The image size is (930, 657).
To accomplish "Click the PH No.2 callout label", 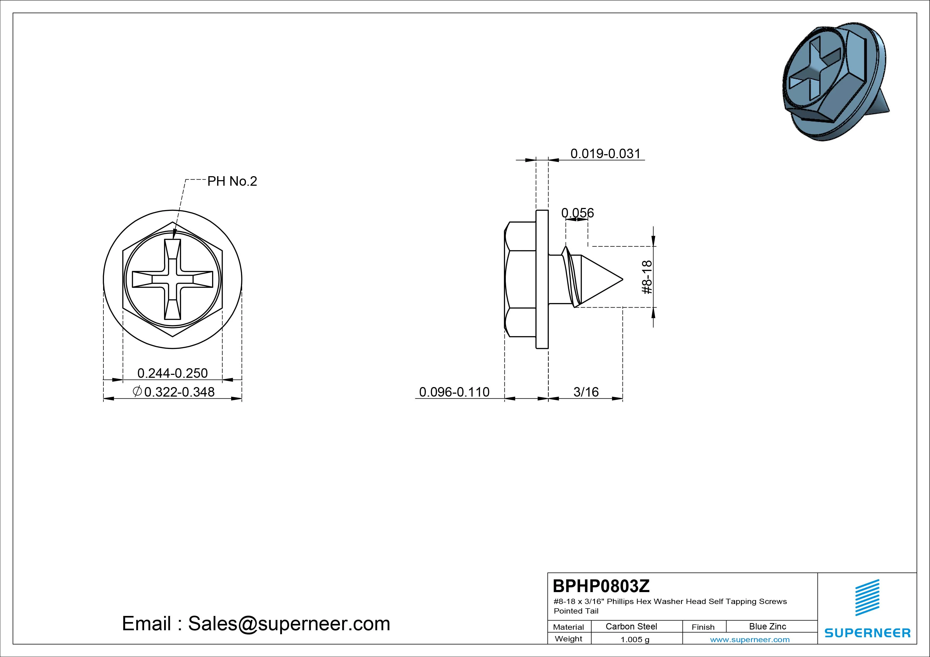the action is (x=232, y=181).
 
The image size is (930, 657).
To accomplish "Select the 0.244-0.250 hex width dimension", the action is (x=173, y=373).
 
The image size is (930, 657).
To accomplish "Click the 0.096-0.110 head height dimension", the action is (x=454, y=392).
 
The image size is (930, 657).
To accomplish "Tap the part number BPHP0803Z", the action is (x=601, y=586).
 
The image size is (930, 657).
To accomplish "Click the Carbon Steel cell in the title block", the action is (x=631, y=626).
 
